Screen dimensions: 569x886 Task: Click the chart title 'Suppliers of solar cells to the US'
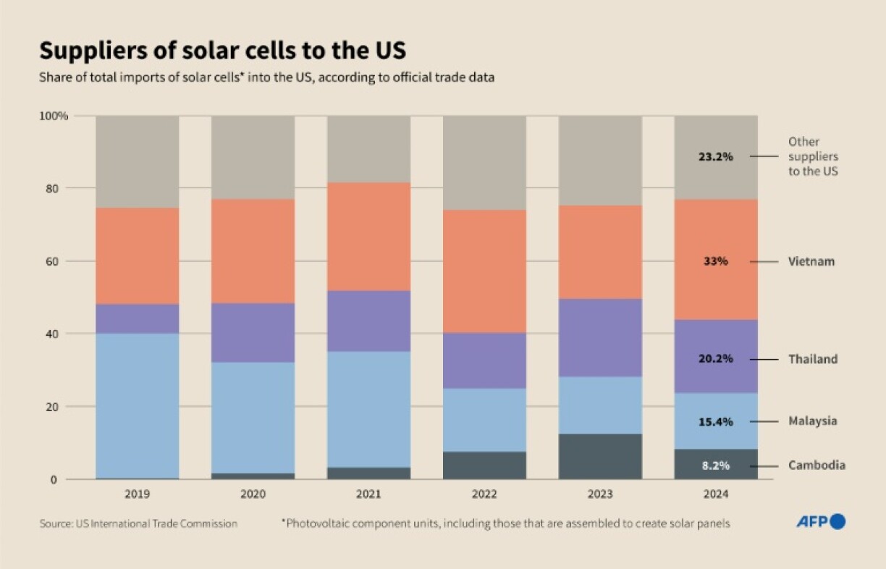(x=222, y=51)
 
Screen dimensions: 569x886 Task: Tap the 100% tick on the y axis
(x=54, y=116)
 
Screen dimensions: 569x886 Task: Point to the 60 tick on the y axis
(x=60, y=261)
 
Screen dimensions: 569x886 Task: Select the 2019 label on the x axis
(x=137, y=494)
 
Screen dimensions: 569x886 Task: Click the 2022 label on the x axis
(x=484, y=494)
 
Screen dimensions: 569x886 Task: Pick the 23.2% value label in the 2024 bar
(x=716, y=156)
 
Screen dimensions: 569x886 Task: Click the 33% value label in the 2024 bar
(x=716, y=261)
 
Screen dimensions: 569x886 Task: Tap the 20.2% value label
(x=716, y=359)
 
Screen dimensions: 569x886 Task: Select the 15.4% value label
(x=716, y=421)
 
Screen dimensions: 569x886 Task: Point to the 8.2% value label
(x=716, y=465)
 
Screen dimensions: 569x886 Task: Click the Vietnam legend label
(x=811, y=261)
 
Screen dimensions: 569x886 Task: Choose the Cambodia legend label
(x=817, y=465)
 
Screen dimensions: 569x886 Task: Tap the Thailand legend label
(x=812, y=359)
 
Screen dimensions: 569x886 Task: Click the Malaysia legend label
(x=812, y=421)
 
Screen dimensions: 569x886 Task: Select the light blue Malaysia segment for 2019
(x=137, y=405)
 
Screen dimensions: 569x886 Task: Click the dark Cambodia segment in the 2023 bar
(x=600, y=457)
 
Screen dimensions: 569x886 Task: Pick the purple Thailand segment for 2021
(x=368, y=321)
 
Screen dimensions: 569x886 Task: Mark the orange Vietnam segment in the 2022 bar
(x=484, y=271)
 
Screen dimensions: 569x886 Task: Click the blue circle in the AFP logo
(x=838, y=521)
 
